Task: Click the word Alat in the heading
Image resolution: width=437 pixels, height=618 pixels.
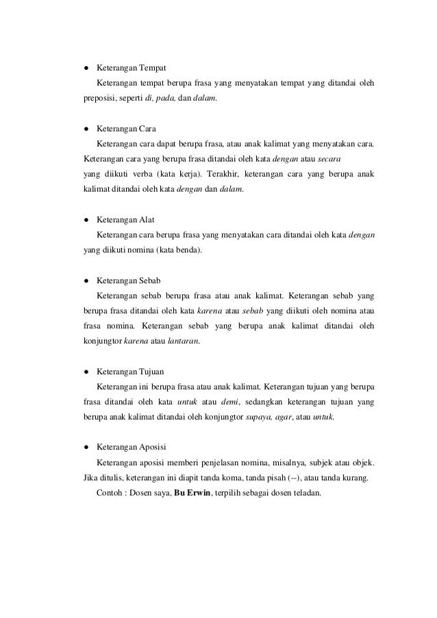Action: coord(147,220)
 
